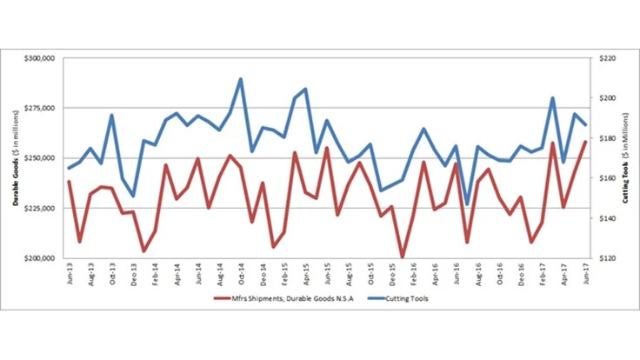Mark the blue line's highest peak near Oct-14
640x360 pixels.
click(240, 79)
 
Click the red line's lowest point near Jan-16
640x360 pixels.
click(402, 257)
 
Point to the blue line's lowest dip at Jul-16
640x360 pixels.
click(467, 204)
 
